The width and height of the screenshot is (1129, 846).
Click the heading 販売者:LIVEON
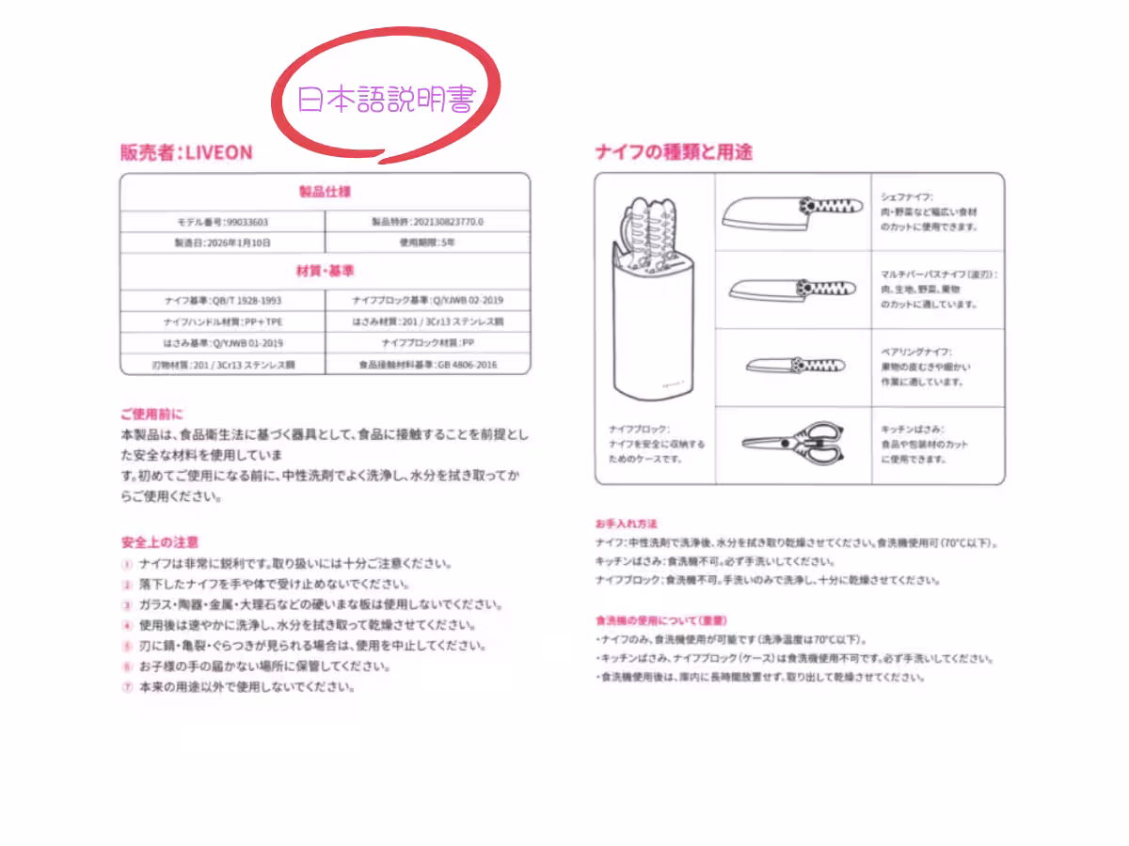tap(186, 152)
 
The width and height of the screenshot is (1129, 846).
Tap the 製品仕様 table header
tap(325, 192)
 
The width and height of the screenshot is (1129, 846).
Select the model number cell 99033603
tap(222, 222)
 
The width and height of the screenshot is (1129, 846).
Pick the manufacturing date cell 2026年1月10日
tap(222, 243)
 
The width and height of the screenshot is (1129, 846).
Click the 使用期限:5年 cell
tap(427, 243)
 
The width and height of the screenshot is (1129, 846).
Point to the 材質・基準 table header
tap(325, 271)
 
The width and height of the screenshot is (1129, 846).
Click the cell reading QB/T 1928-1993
tap(222, 301)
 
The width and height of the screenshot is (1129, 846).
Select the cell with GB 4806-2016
tap(427, 364)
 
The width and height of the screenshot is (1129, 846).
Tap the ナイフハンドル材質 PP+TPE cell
tap(222, 321)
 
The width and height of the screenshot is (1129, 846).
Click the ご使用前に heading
tap(151, 414)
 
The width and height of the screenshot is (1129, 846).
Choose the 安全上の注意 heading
tap(160, 542)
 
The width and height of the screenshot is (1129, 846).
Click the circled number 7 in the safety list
tap(127, 687)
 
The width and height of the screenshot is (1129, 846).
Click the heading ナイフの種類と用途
tap(674, 152)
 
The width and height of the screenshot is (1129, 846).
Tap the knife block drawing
tap(655, 301)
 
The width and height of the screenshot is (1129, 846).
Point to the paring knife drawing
tap(790, 365)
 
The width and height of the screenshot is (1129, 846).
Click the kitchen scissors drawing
tap(790, 442)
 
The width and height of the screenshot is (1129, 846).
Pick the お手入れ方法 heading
tap(626, 523)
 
